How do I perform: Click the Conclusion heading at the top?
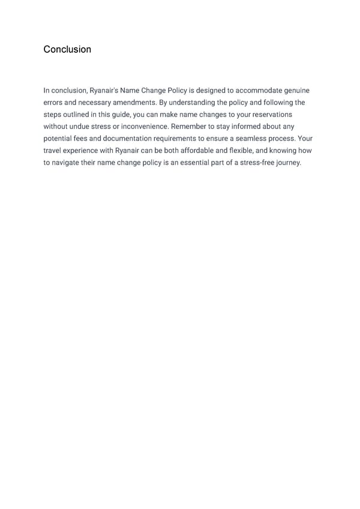tap(67, 49)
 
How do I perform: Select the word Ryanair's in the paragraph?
tap(104, 91)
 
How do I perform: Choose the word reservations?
tap(268, 115)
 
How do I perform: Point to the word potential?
tap(59, 139)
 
